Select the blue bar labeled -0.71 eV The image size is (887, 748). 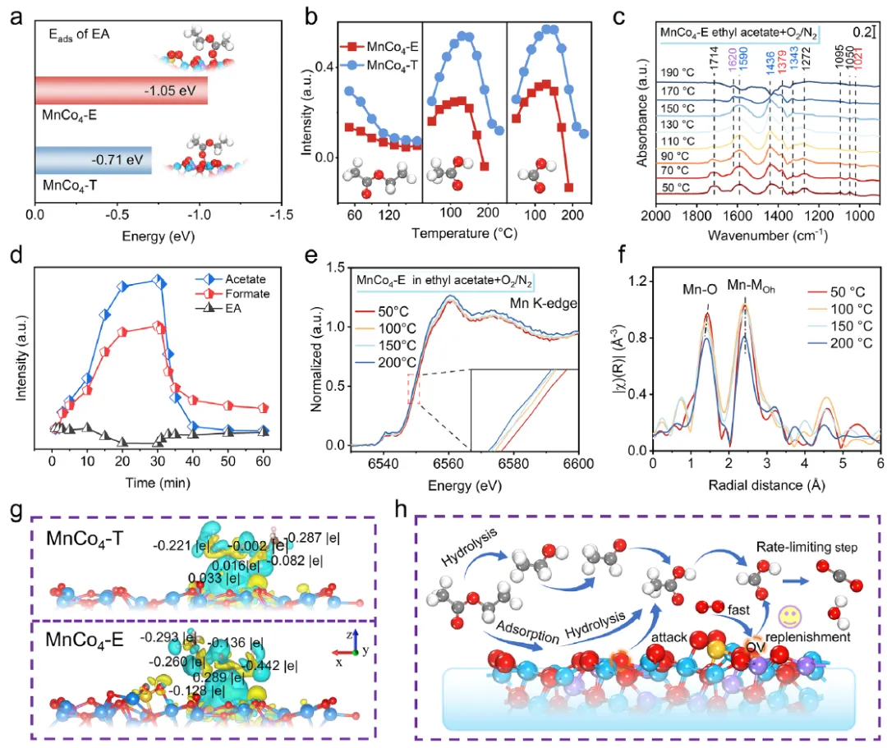(93, 160)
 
